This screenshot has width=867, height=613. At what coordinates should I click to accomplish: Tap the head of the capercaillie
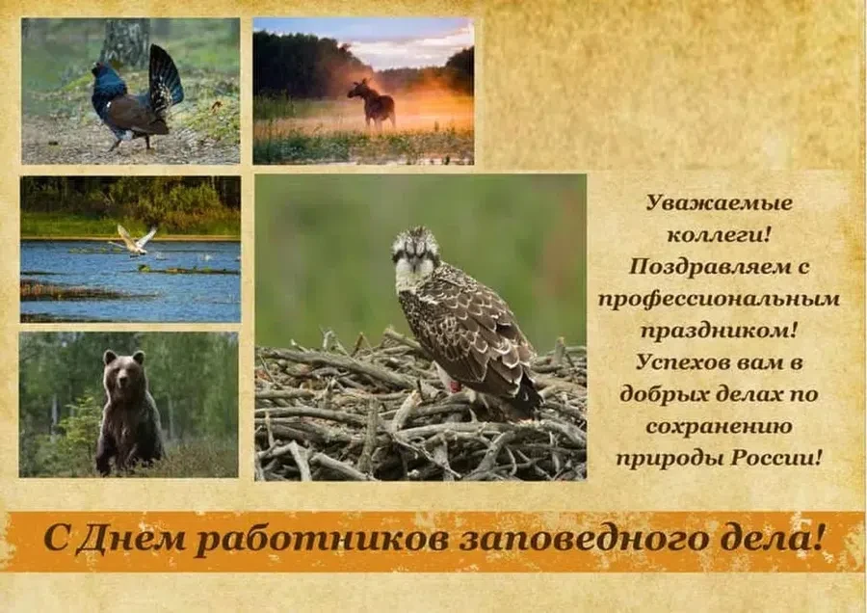pyautogui.click(x=100, y=70)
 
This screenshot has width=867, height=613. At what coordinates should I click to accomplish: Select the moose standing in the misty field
pyautogui.click(x=372, y=104)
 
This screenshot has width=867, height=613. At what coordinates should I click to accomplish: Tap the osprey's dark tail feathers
pyautogui.click(x=526, y=395)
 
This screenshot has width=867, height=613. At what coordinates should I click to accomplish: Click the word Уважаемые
pyautogui.click(x=719, y=203)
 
